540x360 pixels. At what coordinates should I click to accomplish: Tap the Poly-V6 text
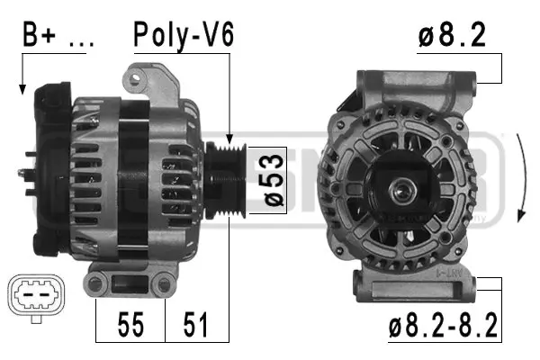pos(184,35)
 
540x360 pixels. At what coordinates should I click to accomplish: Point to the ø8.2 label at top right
pos(452,35)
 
